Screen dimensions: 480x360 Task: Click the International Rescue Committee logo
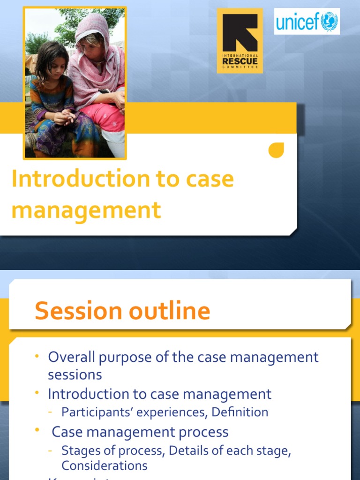[x=240, y=40]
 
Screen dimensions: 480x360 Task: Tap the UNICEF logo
[x=307, y=22]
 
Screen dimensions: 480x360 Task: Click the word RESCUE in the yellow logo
[x=240, y=61]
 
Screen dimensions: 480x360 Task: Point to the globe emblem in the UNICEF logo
[x=330, y=22]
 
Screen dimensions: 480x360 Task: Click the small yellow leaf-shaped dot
[x=276, y=150]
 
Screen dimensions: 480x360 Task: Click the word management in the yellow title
[x=86, y=210]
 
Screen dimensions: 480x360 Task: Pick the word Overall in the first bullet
[x=72, y=357]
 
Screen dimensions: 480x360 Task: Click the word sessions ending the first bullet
[x=75, y=375]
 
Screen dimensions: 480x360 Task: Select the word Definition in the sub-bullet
[x=240, y=412]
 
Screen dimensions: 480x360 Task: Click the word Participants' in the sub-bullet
[x=93, y=412]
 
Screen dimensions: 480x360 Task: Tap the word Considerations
[x=104, y=465]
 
